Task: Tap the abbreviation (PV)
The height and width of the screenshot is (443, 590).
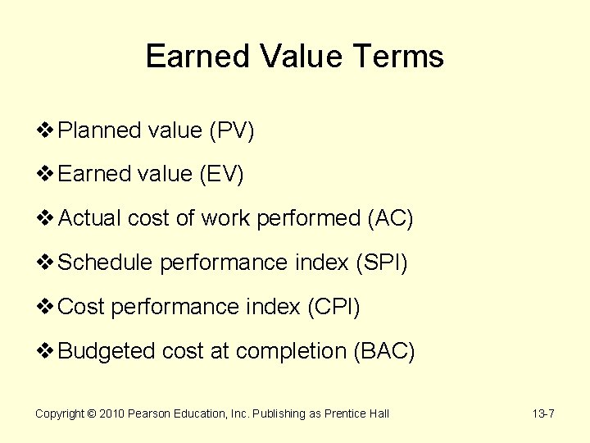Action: click(231, 130)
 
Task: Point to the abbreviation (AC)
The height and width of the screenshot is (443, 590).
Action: click(391, 218)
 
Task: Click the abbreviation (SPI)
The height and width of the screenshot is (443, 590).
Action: click(381, 263)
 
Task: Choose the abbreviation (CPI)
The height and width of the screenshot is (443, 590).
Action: click(334, 307)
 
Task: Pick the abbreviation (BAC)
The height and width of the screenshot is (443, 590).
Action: click(384, 351)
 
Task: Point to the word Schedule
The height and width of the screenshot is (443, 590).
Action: click(107, 263)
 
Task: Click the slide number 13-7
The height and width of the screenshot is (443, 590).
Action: click(543, 413)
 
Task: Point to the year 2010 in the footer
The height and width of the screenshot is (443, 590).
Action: click(111, 413)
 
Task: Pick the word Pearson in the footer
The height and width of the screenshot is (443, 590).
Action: click(151, 413)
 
